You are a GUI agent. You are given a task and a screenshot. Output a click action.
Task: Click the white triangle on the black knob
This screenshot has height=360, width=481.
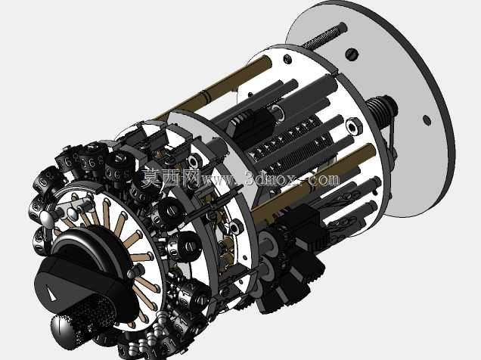(51, 292)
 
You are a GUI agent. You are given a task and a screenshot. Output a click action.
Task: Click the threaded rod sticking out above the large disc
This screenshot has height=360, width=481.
(324, 36)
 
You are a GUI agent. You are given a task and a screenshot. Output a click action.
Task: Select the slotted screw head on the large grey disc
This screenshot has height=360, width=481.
(352, 54)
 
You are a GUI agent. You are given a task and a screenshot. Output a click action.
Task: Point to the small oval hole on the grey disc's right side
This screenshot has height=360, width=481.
(426, 120)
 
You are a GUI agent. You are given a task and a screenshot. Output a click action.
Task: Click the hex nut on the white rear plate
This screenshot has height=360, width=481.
(354, 126)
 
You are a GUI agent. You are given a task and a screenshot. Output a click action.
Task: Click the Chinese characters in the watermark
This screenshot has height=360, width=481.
(171, 178)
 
